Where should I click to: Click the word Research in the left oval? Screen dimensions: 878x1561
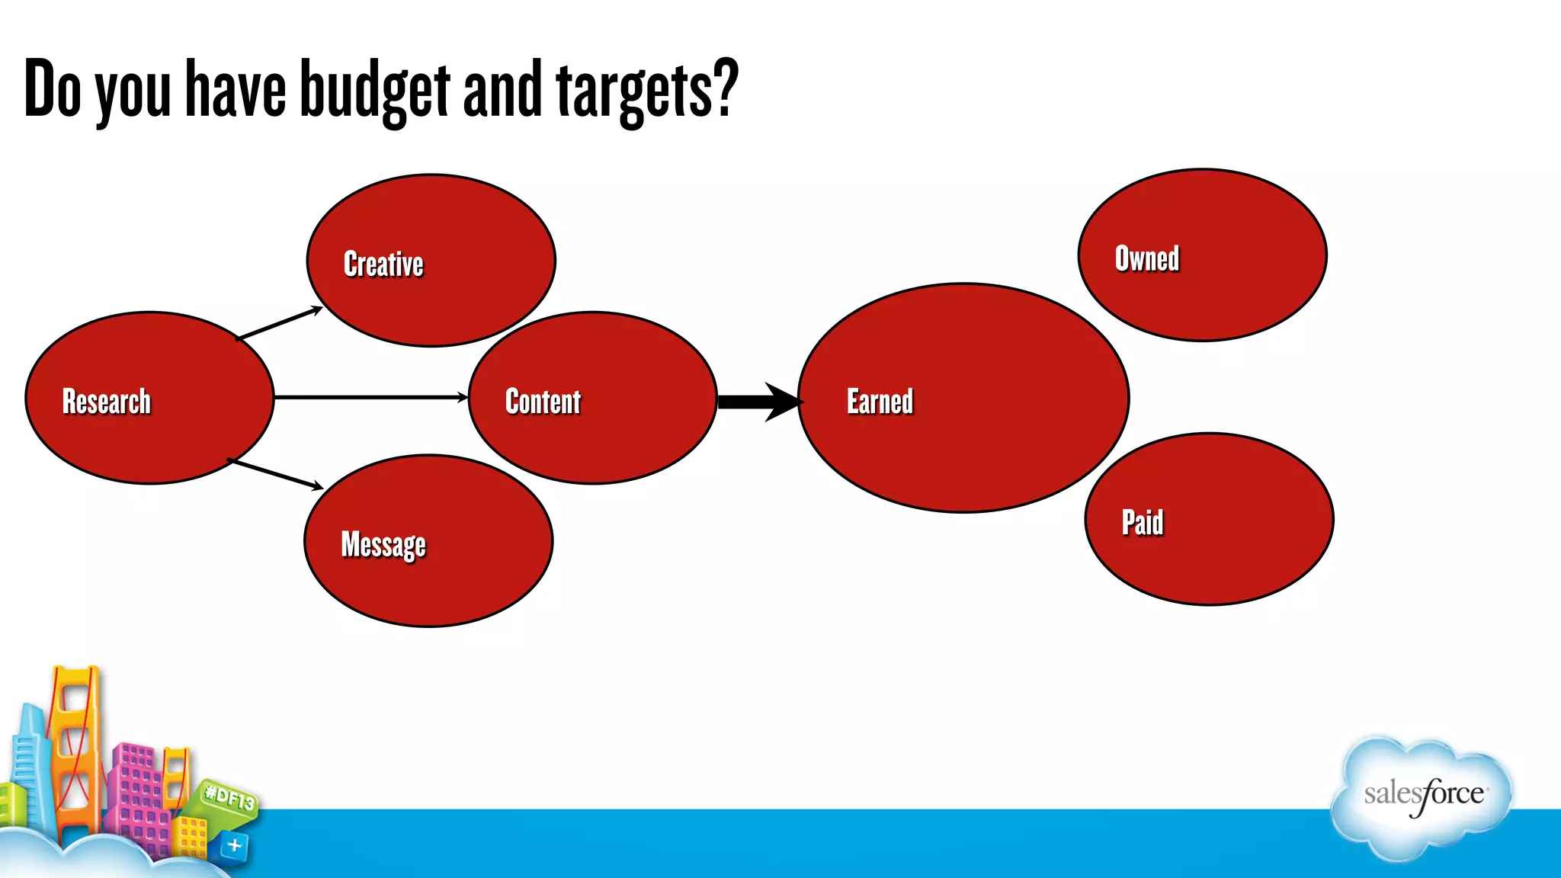(x=107, y=402)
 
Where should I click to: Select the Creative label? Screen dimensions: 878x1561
(x=383, y=264)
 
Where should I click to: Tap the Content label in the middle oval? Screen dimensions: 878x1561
(x=543, y=402)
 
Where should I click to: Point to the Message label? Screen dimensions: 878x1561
(x=383, y=545)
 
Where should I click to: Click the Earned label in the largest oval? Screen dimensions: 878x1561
(x=880, y=402)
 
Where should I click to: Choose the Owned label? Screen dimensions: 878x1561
(x=1146, y=258)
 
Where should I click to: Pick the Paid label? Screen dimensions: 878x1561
(x=1142, y=523)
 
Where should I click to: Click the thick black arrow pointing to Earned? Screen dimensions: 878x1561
(x=758, y=402)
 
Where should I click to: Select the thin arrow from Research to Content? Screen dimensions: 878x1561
(x=370, y=397)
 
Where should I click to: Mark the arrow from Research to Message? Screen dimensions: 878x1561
(x=276, y=473)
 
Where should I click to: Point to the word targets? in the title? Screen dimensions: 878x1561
(x=647, y=90)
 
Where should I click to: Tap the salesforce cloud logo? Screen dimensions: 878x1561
(x=1422, y=796)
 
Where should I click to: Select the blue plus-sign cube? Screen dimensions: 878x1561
(x=234, y=845)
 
